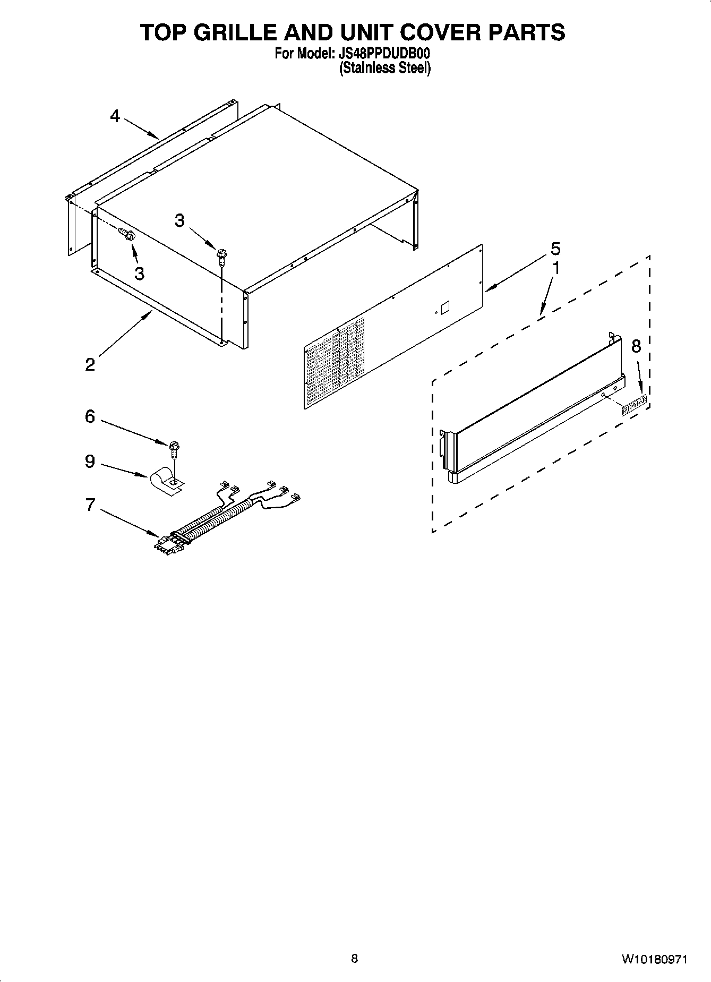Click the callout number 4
click(115, 116)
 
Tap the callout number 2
click(90, 364)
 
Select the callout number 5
click(555, 249)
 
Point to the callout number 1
click(556, 269)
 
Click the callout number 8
click(636, 346)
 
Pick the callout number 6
click(90, 416)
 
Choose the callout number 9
click(90, 461)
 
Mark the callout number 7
click(90, 505)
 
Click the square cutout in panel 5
click(445, 307)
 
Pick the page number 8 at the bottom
click(355, 958)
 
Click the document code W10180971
click(654, 959)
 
